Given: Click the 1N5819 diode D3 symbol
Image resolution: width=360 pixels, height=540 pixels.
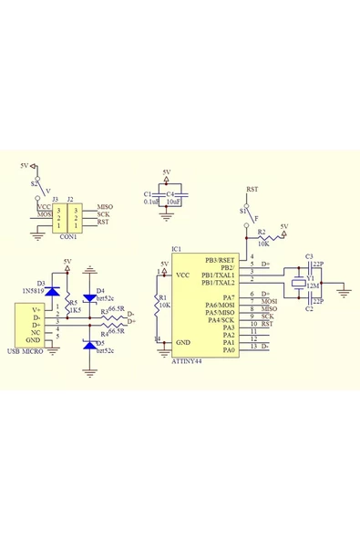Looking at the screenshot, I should (53, 292).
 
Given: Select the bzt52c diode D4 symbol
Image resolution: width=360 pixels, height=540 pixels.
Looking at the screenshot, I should (89, 292).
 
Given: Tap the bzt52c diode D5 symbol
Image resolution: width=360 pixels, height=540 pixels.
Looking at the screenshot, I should (89, 343).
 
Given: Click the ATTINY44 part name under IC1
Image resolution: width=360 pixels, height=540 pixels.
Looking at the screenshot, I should (189, 361).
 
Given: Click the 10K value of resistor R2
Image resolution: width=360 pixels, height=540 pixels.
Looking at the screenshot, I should (262, 244).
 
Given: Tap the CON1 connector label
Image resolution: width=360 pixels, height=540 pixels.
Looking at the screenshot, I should (68, 236).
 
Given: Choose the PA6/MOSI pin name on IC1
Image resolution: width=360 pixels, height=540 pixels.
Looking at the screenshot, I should (221, 305).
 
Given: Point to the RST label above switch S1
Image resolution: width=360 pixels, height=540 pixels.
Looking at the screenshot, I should (252, 189).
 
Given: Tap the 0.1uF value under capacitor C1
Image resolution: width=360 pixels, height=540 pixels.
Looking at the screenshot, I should (151, 201).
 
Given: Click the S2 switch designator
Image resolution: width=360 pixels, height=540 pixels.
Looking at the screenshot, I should (34, 182).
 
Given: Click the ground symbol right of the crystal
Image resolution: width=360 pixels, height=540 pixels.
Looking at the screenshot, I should (345, 291).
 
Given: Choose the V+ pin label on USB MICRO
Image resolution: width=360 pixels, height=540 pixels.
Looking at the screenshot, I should (36, 308).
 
